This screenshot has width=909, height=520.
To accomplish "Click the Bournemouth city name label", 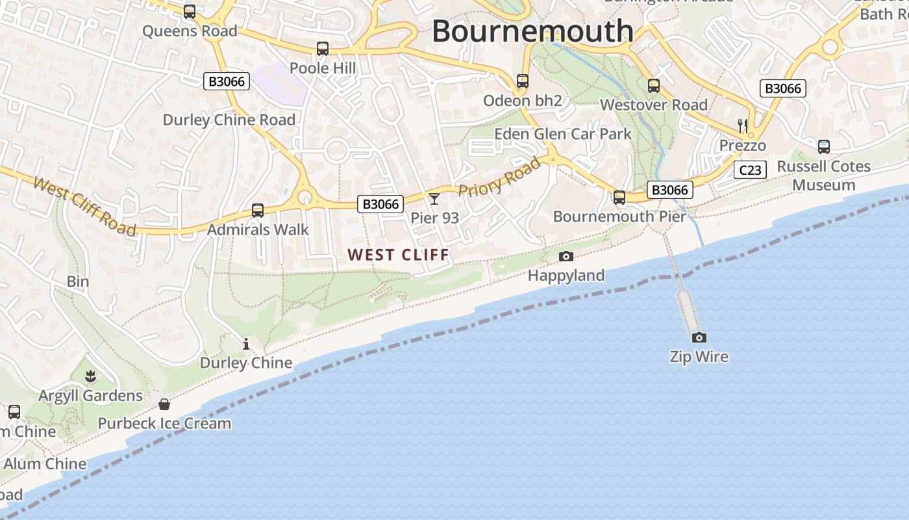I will click(x=532, y=31).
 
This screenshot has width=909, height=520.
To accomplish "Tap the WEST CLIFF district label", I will click(x=399, y=255).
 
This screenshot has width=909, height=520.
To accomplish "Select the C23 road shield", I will click(x=750, y=170).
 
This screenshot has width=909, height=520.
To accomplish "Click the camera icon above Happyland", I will click(x=566, y=257).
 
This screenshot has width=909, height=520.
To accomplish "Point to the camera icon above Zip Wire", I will click(x=699, y=337).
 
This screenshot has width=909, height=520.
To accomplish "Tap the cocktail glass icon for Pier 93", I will click(x=434, y=198).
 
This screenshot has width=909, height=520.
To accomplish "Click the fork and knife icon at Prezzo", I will click(x=743, y=125).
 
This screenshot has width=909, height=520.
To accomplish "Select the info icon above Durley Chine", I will click(x=246, y=344).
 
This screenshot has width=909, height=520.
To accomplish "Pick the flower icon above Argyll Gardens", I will click(x=90, y=376).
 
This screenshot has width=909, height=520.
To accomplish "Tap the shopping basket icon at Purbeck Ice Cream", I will click(x=164, y=404).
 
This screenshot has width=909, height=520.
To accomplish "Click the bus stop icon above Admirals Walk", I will click(x=258, y=210).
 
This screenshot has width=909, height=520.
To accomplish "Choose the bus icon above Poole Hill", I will click(x=323, y=49).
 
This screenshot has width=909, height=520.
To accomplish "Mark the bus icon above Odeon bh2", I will click(x=523, y=81).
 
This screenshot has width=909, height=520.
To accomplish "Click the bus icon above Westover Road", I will click(x=654, y=85).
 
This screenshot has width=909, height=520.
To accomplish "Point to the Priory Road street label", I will click(x=499, y=177).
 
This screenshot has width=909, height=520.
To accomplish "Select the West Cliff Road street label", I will click(x=84, y=205).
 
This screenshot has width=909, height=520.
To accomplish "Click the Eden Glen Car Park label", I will click(x=563, y=134).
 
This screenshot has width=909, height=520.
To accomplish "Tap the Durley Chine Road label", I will click(x=229, y=120).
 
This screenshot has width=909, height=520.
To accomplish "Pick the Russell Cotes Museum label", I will click(x=824, y=175).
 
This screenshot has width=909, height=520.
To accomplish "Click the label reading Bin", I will click(x=78, y=281).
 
